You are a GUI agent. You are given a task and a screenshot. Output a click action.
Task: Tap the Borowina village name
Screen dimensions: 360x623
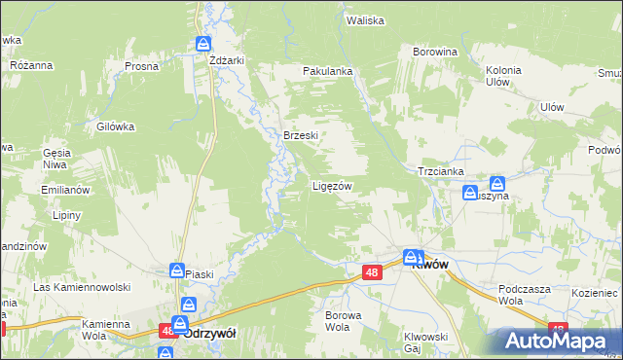pos(435,51)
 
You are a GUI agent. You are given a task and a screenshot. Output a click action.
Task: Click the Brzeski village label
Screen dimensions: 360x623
pos(301,135)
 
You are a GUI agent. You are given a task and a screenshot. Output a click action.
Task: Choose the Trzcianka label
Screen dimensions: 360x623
pos(441,169)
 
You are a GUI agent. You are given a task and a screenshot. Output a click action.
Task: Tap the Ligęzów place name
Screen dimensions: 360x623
pos(331,185)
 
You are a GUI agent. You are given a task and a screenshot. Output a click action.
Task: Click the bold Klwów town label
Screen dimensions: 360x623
pos(429,264)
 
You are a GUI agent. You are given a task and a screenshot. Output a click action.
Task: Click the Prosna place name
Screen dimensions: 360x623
pos(142,66)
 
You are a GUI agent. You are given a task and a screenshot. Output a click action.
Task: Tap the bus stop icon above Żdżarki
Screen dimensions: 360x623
pos(203,44)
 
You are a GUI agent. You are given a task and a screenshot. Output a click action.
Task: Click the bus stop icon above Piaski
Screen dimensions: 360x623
pos(178,270)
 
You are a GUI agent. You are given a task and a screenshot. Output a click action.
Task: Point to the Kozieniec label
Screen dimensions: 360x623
pos(595,292)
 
